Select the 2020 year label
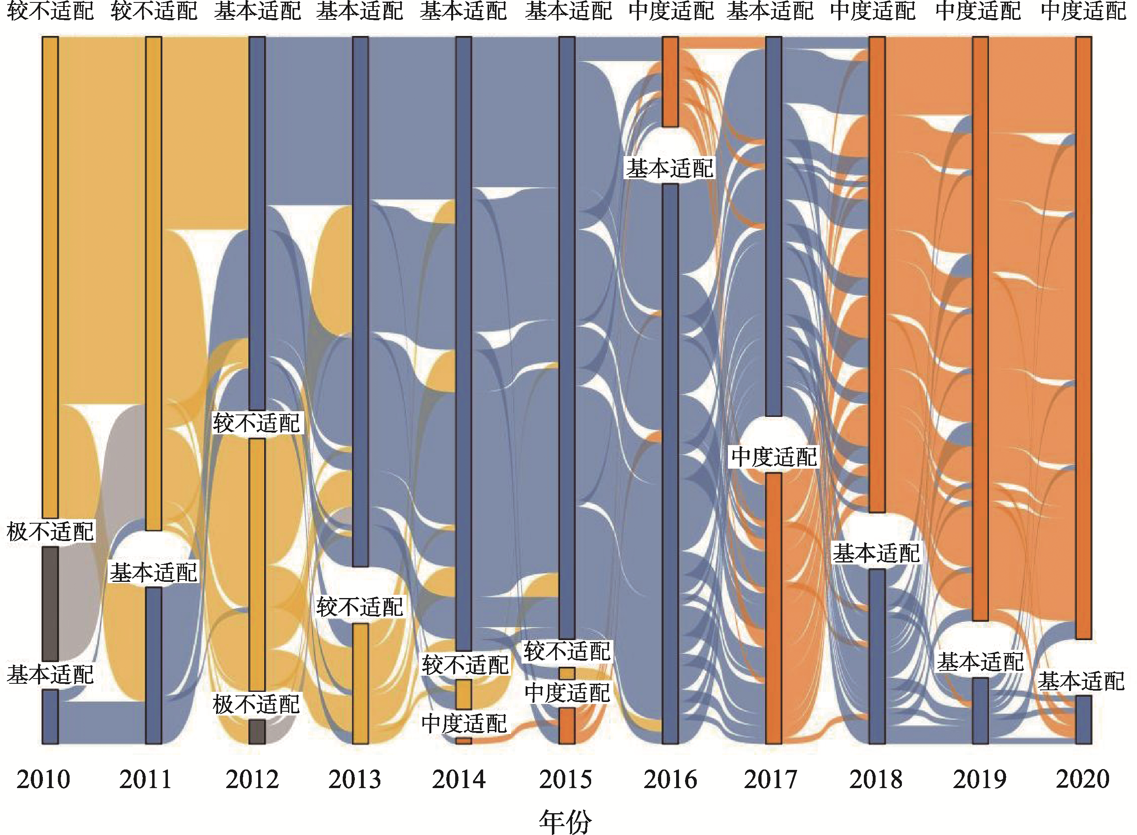[1082, 779]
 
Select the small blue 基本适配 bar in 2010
[50, 716]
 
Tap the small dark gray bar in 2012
[257, 731]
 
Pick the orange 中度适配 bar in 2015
[567, 725]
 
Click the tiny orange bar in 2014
[464, 741]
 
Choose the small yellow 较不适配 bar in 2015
[567, 673]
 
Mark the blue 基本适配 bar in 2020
[1084, 719]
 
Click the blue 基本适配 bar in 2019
[980, 711]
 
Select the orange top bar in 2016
[670, 81]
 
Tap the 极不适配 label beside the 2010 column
[50, 532]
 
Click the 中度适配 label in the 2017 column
[774, 457]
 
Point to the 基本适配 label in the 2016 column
[670, 168]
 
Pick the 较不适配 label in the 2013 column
[360, 607]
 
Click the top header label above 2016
[671, 11]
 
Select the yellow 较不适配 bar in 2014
[464, 694]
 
